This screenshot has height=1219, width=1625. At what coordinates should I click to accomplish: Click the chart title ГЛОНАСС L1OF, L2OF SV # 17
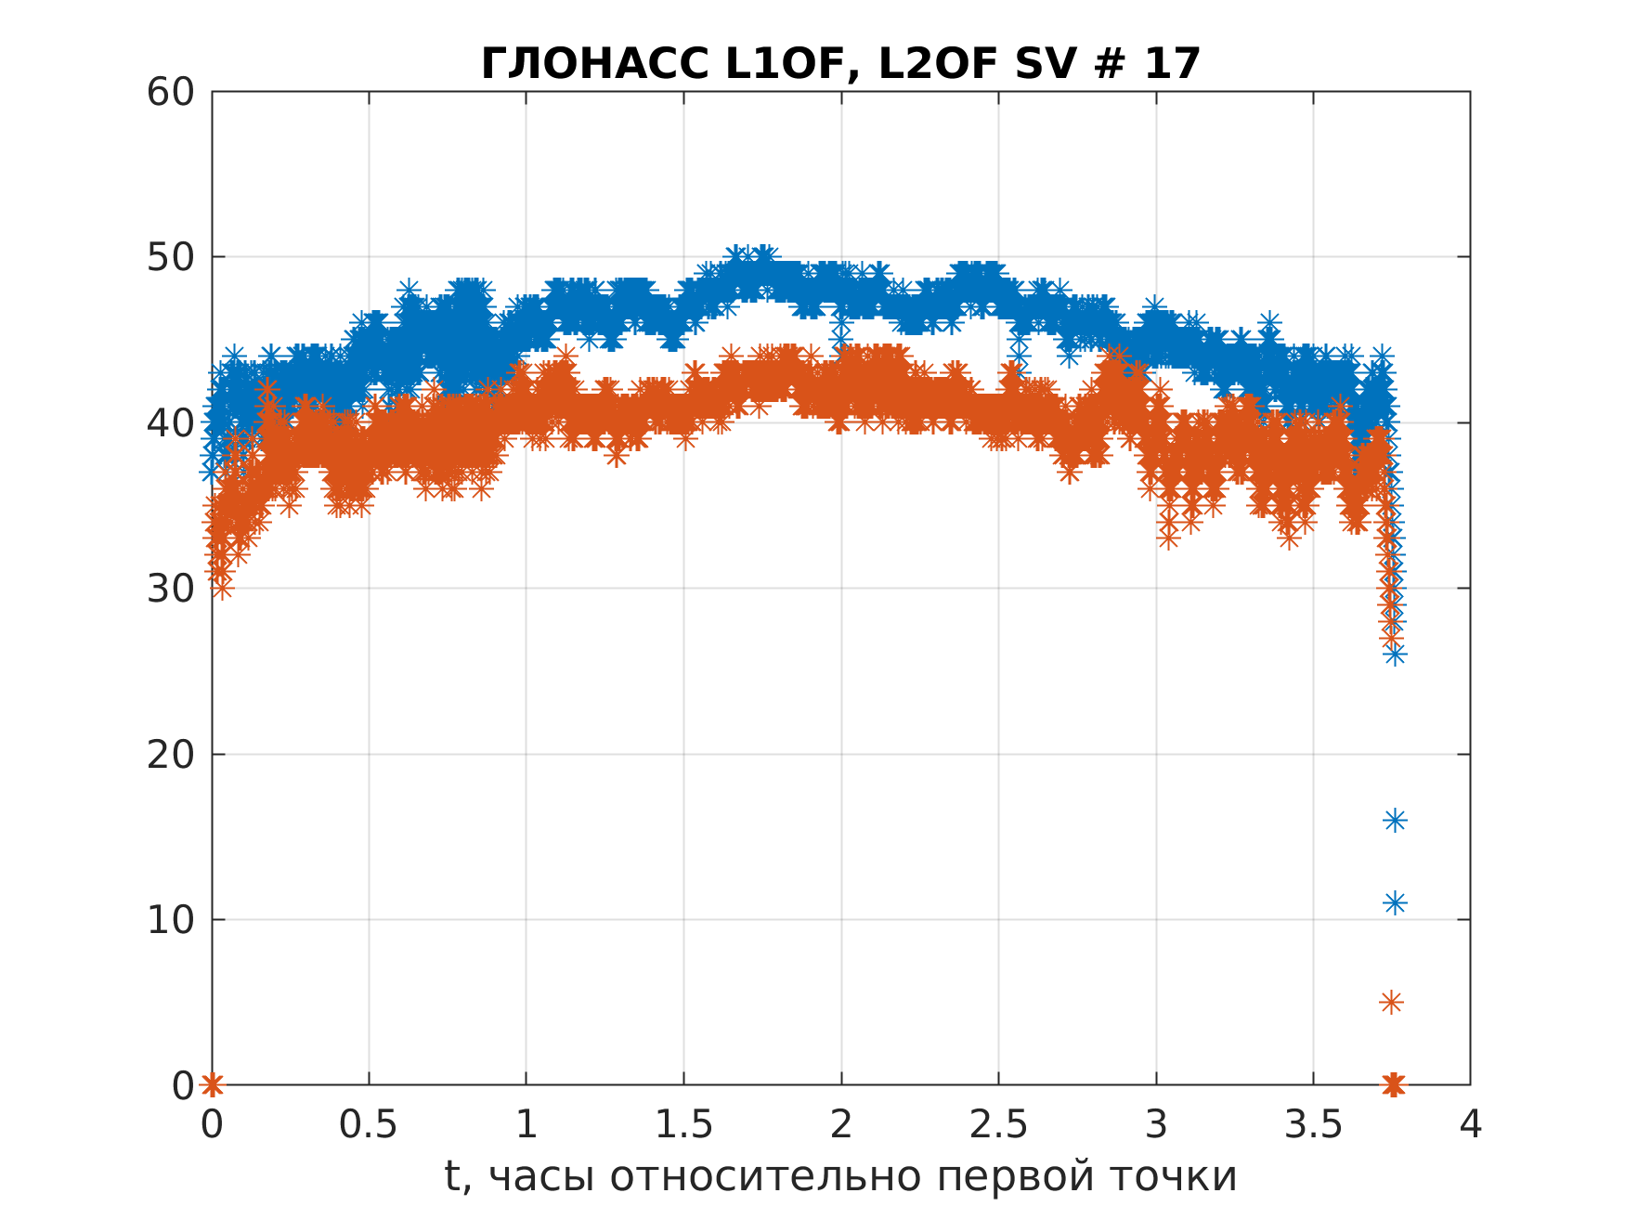click(x=840, y=64)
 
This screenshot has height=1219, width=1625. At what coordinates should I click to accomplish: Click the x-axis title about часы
click(x=840, y=1176)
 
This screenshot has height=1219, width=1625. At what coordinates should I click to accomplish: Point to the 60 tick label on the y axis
click(x=171, y=92)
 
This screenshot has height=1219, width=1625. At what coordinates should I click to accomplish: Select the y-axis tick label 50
click(x=171, y=257)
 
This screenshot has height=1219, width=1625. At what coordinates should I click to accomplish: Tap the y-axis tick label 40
click(x=171, y=423)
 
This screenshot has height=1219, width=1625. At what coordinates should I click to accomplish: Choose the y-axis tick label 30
click(x=171, y=589)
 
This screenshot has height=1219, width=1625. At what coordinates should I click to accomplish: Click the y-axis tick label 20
click(x=171, y=754)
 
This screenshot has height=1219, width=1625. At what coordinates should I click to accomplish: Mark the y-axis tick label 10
click(x=171, y=920)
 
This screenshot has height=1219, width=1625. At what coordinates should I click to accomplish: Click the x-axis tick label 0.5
click(x=368, y=1125)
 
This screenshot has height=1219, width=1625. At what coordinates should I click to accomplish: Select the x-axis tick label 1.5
click(x=683, y=1125)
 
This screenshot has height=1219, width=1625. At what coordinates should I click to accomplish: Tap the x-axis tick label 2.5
click(x=998, y=1125)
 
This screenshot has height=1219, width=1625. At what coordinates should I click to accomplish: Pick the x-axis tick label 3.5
click(x=1313, y=1125)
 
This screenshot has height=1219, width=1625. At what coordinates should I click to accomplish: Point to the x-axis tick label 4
click(x=1470, y=1125)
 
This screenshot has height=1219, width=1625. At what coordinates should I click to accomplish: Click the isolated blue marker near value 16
click(x=1395, y=820)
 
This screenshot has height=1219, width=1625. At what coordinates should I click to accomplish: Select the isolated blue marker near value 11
click(x=1395, y=902)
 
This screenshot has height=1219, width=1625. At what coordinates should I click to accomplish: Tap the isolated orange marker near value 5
click(x=1391, y=1002)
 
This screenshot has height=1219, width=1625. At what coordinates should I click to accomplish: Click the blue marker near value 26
click(x=1395, y=655)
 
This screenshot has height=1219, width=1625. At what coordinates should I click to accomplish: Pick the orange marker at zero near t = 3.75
click(x=1393, y=1083)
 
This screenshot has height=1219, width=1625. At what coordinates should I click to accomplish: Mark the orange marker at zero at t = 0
click(x=213, y=1083)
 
